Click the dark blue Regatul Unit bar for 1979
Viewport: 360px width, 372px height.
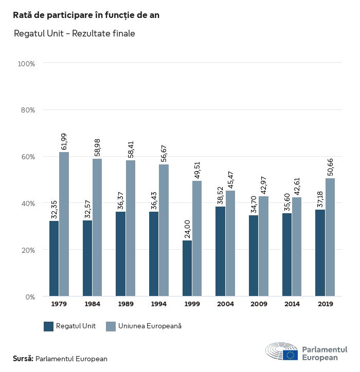tap(54, 258)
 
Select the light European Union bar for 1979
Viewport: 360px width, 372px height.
tap(64, 224)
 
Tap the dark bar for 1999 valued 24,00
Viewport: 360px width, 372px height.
tap(187, 268)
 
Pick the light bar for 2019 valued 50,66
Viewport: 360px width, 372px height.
tap(330, 237)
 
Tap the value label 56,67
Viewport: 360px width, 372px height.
tap(164, 154)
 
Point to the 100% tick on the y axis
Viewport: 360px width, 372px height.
tap(26, 64)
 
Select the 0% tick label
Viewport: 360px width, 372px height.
tap(30, 296)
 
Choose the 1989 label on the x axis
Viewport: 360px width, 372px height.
tap(125, 304)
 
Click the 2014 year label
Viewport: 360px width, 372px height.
tap(292, 304)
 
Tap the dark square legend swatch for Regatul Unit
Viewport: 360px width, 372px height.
tap(49, 326)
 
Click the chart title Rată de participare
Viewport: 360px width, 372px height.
tap(86, 15)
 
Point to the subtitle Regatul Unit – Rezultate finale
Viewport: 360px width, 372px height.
tap(75, 34)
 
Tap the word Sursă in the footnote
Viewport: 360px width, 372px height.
tap(23, 359)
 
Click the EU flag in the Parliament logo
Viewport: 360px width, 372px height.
tap(291, 355)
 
